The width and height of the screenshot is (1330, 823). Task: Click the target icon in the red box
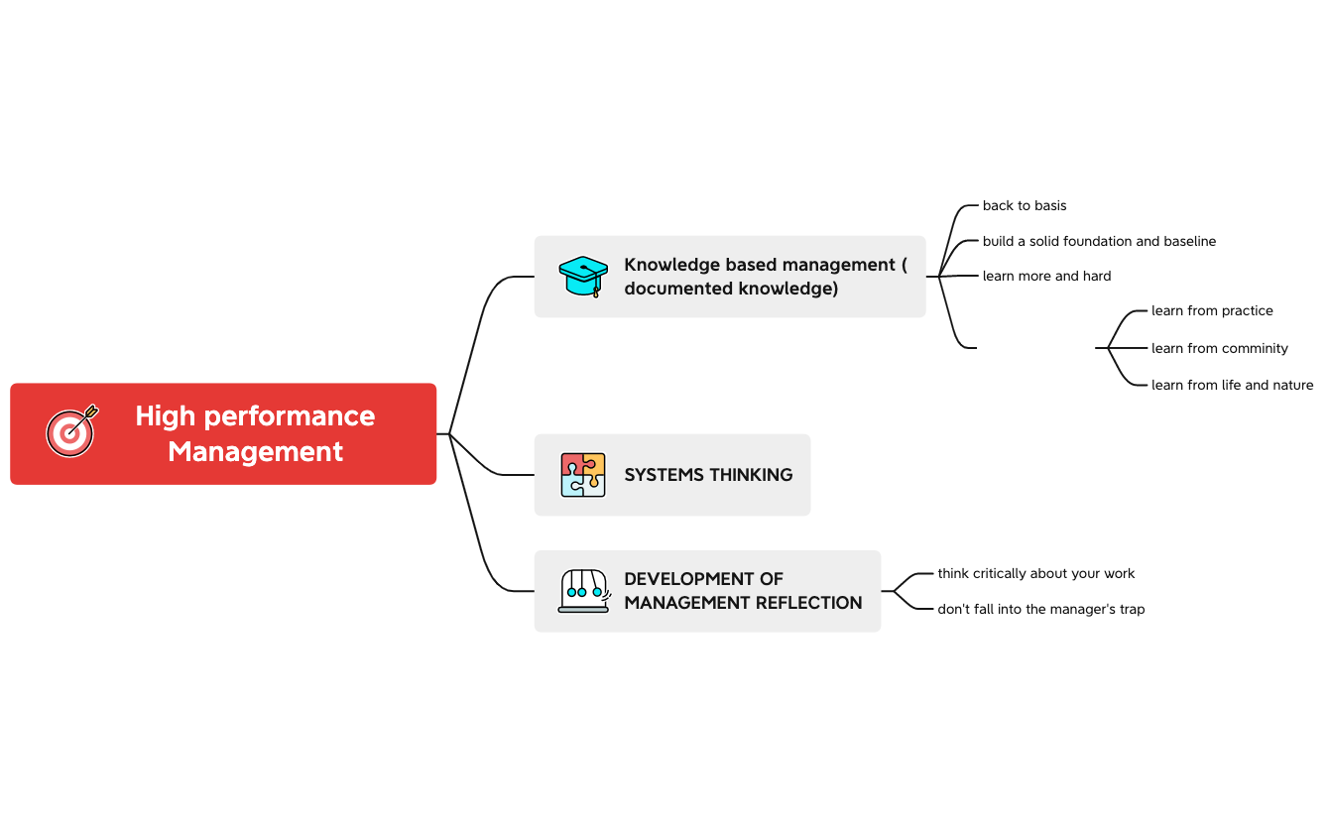[x=71, y=431]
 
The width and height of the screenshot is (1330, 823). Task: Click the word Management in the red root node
[x=255, y=452]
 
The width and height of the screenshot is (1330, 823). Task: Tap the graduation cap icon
[x=583, y=277]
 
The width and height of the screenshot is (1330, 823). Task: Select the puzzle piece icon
[x=583, y=475]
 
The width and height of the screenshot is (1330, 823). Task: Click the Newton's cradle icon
[x=583, y=591]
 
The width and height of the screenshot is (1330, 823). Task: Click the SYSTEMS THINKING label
[x=708, y=475]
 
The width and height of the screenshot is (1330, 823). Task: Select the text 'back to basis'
[x=1025, y=206]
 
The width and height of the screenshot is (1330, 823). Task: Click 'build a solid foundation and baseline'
[x=1099, y=242]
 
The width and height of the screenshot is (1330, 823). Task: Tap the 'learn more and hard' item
[x=1046, y=277]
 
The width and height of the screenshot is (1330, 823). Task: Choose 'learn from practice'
[x=1212, y=311]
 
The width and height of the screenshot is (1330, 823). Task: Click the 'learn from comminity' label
[x=1219, y=349]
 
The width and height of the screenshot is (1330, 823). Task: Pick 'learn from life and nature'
[x=1232, y=386]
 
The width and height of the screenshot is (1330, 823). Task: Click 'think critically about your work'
[x=1035, y=574]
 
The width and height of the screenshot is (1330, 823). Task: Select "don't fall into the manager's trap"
[x=1040, y=610]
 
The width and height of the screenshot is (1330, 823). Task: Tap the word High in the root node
[x=164, y=416]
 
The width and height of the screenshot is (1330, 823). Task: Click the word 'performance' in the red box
[x=287, y=416]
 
